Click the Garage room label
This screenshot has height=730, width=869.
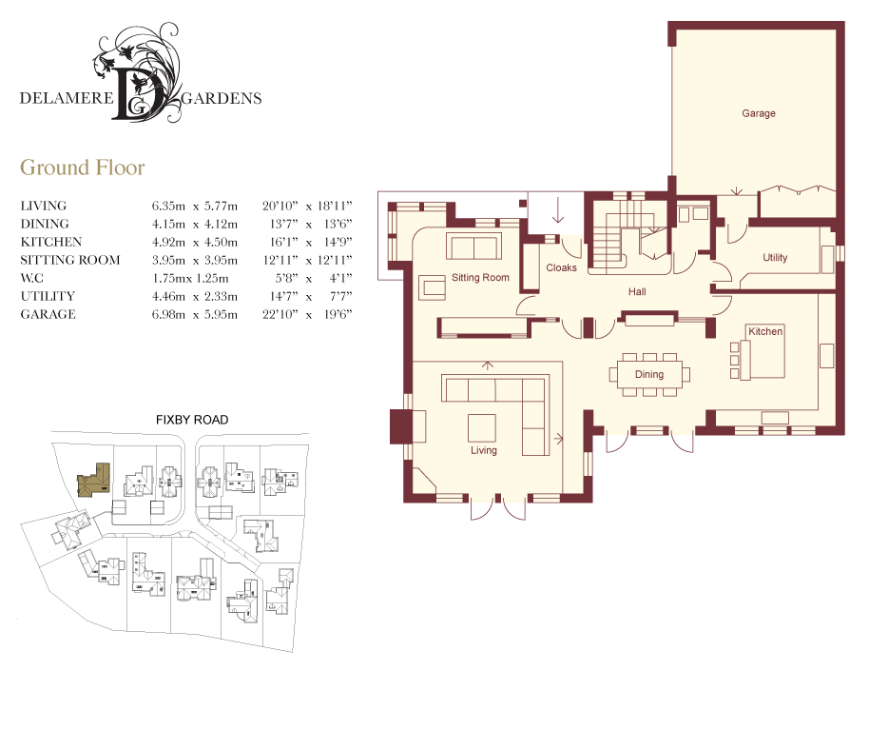pos(758,113)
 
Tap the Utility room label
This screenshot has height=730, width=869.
pos(775,257)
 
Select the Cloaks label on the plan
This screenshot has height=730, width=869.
pos(561,268)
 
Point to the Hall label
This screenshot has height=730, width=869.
pos(637,292)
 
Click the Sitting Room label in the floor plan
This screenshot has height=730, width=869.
pos(480,277)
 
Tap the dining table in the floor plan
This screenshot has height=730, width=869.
pos(649,374)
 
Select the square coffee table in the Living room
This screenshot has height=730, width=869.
pos(482,427)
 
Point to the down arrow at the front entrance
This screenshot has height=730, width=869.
pos(557,209)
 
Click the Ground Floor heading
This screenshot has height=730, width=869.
pos(83,168)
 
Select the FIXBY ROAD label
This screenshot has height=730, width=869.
pos(192,420)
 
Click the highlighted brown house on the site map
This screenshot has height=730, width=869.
pos(94,481)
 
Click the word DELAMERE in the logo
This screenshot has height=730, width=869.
pos(67,98)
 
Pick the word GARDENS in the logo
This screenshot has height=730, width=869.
pos(222,98)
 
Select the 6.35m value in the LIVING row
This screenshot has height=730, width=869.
pos(168,206)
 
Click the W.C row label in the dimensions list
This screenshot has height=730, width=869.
pos(31,278)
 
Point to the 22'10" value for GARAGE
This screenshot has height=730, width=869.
pos(280,314)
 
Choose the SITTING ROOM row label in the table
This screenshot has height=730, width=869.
pos(70,260)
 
